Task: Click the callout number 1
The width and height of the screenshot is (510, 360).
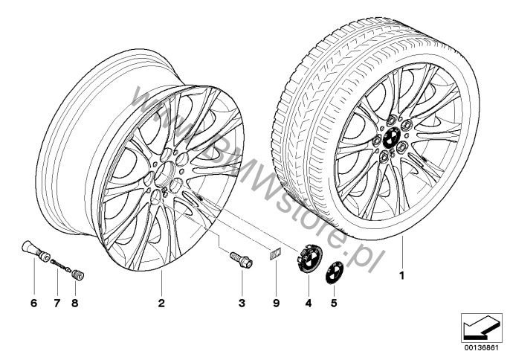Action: pos(402,276)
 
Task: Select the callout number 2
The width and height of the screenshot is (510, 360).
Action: pos(161,303)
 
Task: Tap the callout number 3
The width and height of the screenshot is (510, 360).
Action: pos(242,303)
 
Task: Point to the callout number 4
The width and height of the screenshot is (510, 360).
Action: pos(309,303)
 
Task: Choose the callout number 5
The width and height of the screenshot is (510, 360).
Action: pos(334,303)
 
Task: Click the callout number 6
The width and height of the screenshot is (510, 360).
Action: pos(34,303)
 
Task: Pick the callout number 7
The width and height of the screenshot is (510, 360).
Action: pos(57,303)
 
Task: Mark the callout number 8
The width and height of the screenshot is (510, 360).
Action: pos(75,303)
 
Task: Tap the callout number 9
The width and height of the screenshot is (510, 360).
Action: pos(276,303)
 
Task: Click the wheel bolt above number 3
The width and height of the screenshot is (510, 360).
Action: pos(242,260)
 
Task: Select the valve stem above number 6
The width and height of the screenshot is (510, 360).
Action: pos(36,251)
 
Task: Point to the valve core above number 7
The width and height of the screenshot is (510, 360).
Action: pos(61,266)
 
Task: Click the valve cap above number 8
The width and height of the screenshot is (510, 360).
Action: pos(78,275)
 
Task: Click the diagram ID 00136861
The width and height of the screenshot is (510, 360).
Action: pos(481,347)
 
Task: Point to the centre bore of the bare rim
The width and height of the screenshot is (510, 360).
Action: pos(164,173)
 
